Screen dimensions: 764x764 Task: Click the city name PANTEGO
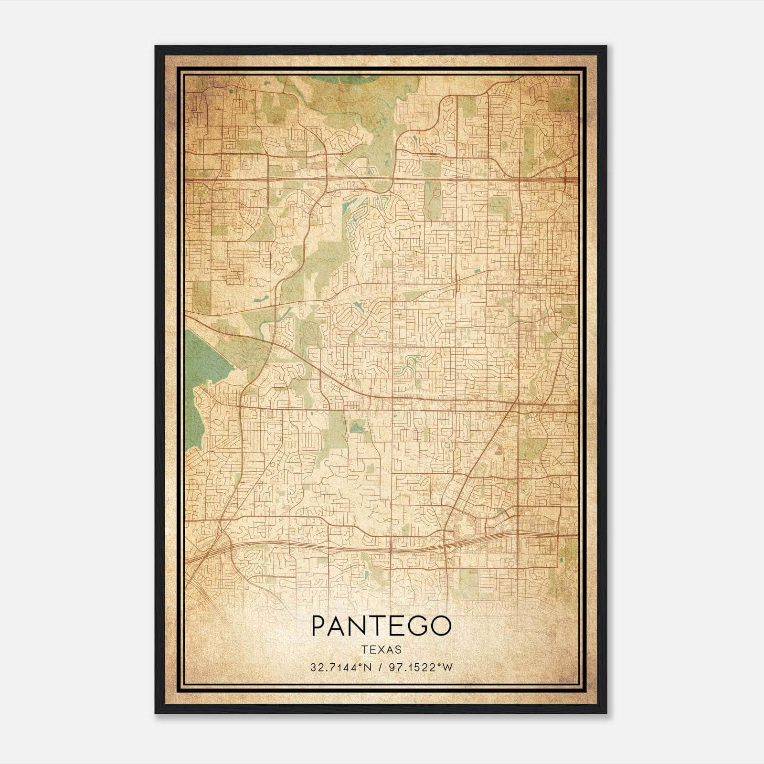[381, 626]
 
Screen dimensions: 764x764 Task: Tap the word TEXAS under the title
[382, 650]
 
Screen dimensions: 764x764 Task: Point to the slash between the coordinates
[380, 668]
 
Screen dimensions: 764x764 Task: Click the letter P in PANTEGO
[319, 626]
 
